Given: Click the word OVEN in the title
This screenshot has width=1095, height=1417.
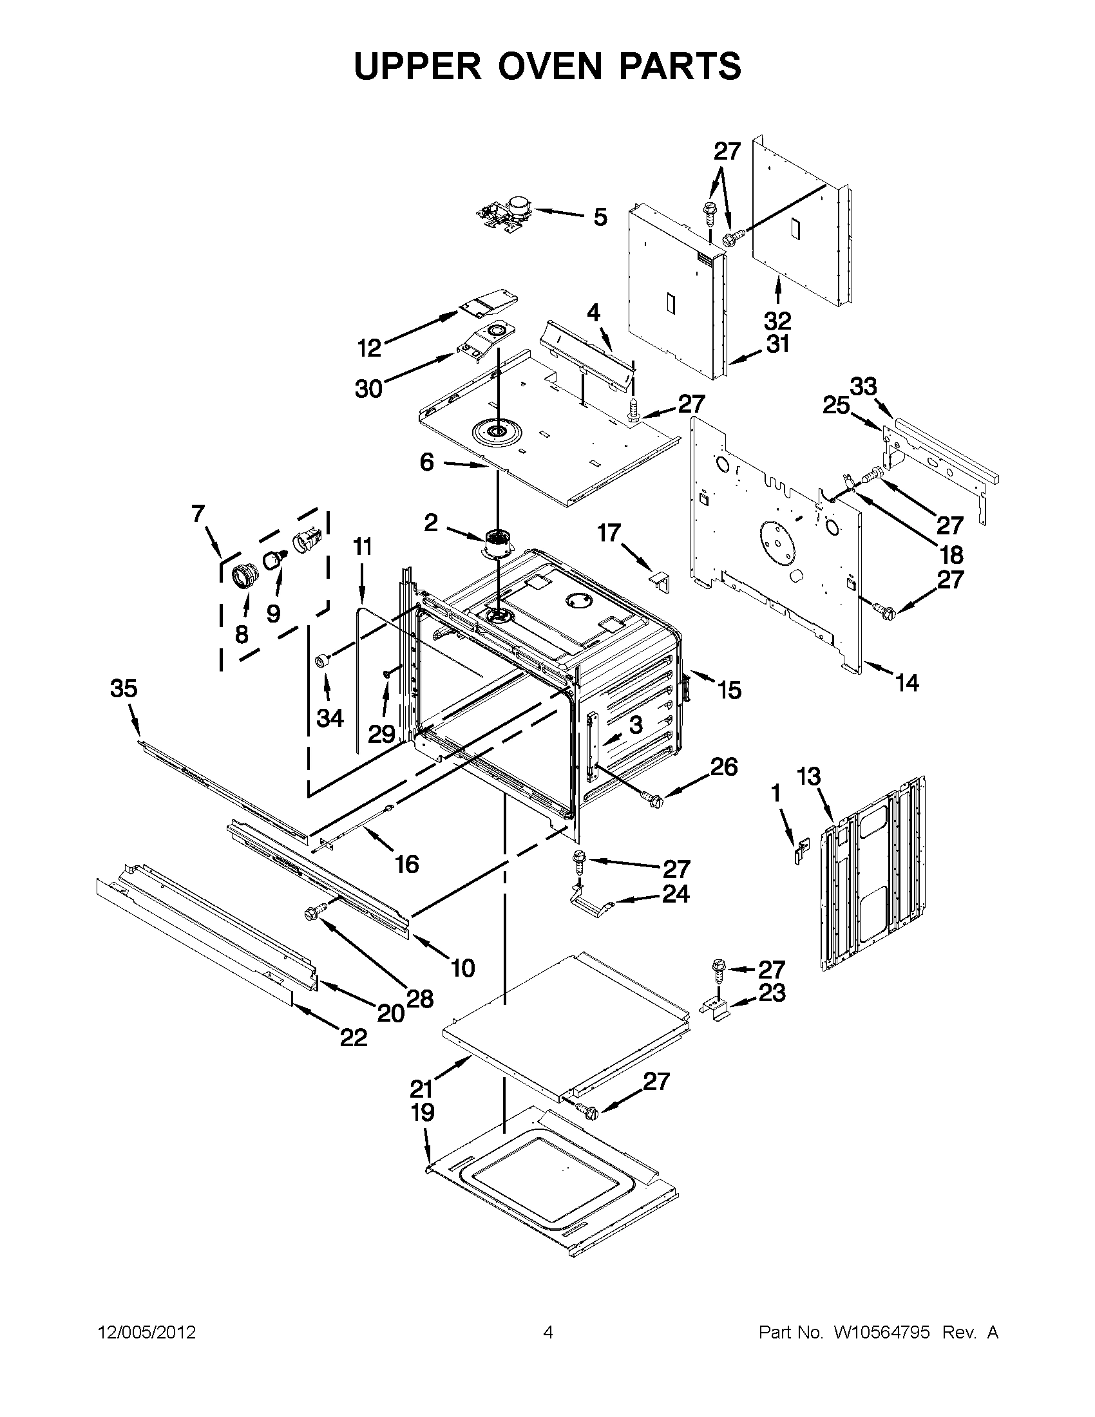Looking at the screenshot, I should [547, 66].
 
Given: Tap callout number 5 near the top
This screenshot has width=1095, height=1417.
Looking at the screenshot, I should [600, 217].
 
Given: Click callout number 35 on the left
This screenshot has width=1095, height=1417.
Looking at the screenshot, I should [123, 688].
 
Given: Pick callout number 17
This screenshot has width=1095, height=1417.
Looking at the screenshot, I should [609, 533].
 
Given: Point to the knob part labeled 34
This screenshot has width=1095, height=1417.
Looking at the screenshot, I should [322, 661].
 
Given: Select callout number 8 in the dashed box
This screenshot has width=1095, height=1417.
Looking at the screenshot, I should [242, 633].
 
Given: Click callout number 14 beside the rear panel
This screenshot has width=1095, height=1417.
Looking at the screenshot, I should [907, 682].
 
